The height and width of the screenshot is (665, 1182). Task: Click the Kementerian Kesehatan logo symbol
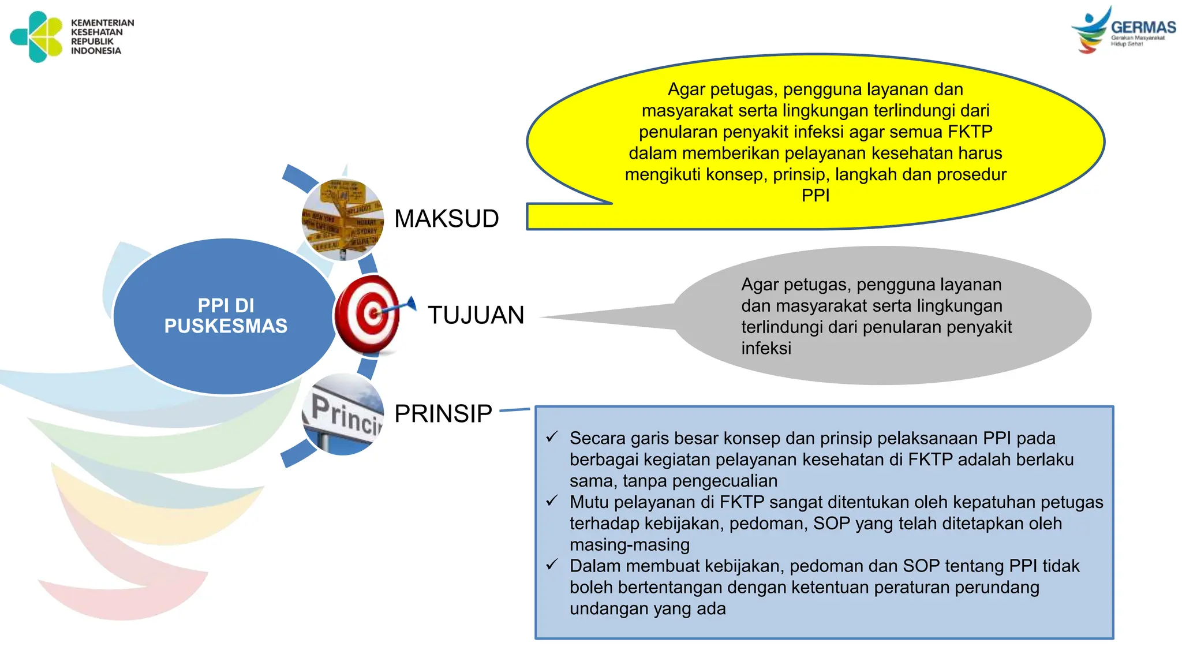[x=36, y=36]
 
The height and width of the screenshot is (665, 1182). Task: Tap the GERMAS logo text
[x=1143, y=27]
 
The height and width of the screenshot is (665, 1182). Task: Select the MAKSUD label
[x=446, y=219]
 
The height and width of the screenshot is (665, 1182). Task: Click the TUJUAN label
[x=476, y=315]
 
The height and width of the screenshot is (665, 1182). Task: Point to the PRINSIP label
[x=443, y=413]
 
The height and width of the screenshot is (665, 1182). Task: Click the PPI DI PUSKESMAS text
[x=226, y=316]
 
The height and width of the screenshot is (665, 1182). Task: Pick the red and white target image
[x=366, y=315]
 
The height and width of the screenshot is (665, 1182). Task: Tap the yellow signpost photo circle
[x=343, y=219]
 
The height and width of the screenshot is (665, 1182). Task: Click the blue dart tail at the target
[x=410, y=302]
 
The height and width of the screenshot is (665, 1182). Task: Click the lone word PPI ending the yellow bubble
[x=815, y=196]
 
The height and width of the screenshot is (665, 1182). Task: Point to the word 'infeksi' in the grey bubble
[x=766, y=349]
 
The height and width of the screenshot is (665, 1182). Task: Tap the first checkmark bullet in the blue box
[x=552, y=437]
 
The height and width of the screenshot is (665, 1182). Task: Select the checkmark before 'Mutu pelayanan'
[x=552, y=501]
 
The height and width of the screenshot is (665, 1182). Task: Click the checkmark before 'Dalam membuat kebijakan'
[x=552, y=565]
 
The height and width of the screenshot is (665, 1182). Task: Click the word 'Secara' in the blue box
[x=597, y=439]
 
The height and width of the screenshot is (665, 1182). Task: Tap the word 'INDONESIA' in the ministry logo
[x=96, y=51]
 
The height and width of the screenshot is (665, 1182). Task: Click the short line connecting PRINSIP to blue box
[x=514, y=410]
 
